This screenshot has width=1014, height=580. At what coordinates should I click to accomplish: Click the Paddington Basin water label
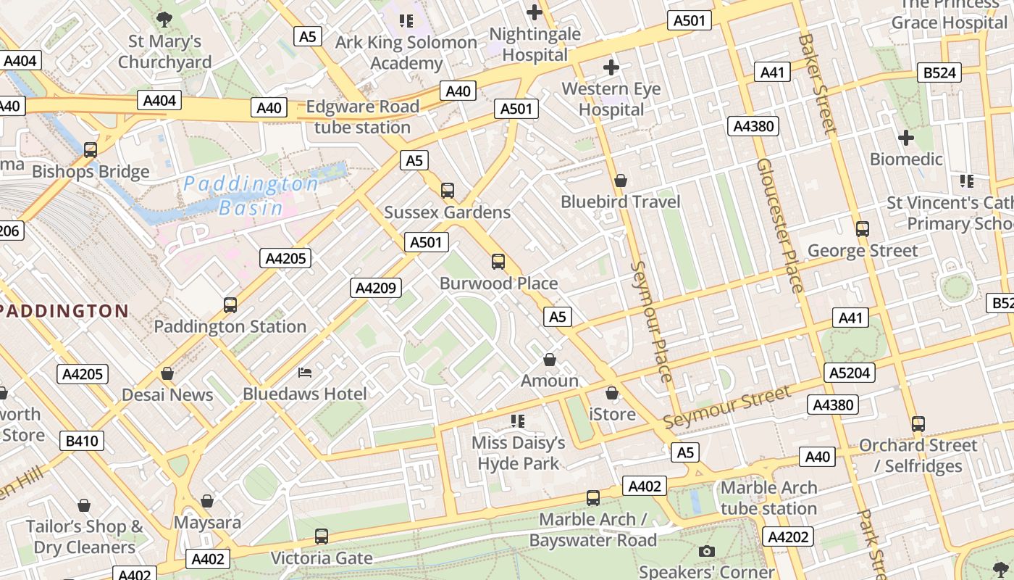(251, 196)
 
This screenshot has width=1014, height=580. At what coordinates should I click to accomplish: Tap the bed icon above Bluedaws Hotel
(305, 373)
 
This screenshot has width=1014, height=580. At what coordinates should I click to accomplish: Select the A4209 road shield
(376, 288)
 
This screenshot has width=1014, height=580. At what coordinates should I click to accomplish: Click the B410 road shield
(82, 441)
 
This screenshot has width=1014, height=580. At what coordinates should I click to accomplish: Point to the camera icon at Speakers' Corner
(706, 551)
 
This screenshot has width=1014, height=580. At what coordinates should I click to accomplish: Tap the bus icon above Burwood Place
(498, 262)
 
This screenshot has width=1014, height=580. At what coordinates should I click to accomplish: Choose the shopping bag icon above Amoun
(550, 360)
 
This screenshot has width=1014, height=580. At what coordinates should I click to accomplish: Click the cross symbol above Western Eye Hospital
(611, 67)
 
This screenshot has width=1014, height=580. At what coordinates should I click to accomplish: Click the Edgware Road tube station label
(362, 117)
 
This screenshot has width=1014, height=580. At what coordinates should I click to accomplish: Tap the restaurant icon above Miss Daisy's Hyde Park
(517, 421)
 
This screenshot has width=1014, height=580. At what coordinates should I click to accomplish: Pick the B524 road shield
(940, 72)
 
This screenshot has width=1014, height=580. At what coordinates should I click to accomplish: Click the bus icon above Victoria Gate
(321, 536)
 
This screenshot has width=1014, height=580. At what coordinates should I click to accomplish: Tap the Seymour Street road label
(726, 407)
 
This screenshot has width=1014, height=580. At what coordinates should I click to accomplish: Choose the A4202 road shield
(788, 536)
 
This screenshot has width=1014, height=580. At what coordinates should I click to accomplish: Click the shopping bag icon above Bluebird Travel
(621, 181)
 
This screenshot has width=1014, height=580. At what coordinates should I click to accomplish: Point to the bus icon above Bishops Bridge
(91, 150)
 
